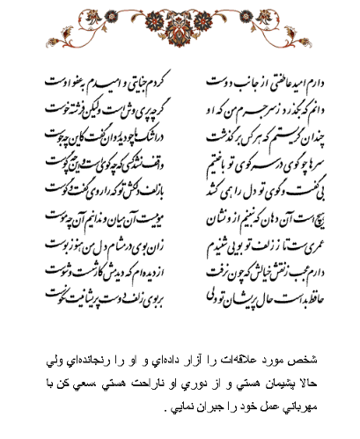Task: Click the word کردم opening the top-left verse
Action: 155,83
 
